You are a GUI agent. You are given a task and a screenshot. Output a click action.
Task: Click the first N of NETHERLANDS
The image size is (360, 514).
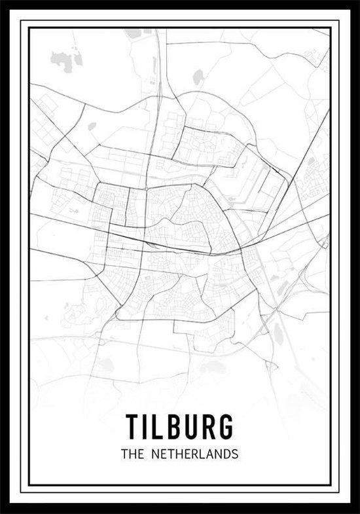click(157, 453)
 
